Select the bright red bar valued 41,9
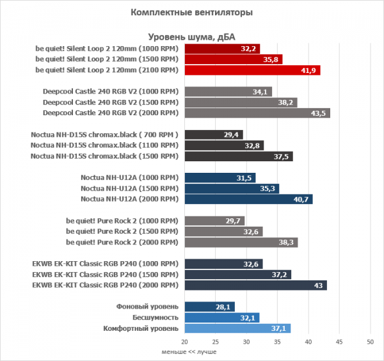(252, 70)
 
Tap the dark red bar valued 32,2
(222, 48)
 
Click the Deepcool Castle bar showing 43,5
(257, 113)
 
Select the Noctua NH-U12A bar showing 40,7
(248, 200)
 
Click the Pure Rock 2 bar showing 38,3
(241, 243)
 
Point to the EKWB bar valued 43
(255, 285)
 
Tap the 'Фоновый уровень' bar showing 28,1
(209, 307)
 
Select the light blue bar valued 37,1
(237, 328)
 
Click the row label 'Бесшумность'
(153, 317)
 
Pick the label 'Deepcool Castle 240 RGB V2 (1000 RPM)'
(109, 92)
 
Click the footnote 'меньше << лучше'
(189, 352)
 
